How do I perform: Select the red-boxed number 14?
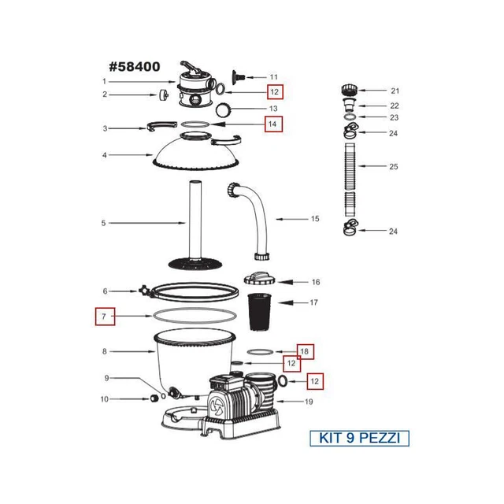pos(272,124)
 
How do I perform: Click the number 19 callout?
pos(308,402)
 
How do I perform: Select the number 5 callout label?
pos(103,223)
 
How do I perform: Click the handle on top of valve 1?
pos(192,67)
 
